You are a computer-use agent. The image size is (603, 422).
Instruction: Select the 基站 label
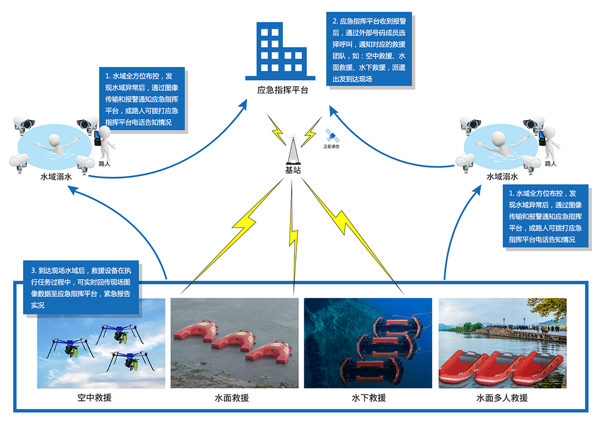[x=293, y=170]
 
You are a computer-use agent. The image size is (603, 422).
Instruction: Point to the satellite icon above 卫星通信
[x=330, y=135]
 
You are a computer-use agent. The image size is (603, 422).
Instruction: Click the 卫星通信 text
[x=331, y=146]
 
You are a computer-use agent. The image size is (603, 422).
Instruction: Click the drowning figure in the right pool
[x=502, y=144]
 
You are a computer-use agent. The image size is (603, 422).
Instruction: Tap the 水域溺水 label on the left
[x=56, y=177]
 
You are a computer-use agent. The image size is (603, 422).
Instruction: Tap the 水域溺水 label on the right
[x=502, y=177]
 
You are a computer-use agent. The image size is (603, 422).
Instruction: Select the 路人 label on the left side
[x=104, y=163]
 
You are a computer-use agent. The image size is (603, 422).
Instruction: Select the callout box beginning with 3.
[x=81, y=288]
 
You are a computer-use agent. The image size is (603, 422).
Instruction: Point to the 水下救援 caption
[x=368, y=398]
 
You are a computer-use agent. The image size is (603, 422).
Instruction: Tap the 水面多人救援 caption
[x=502, y=398]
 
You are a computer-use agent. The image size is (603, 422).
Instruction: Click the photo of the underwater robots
[x=368, y=343]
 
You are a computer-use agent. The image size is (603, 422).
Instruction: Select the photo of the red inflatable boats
[x=503, y=343]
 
